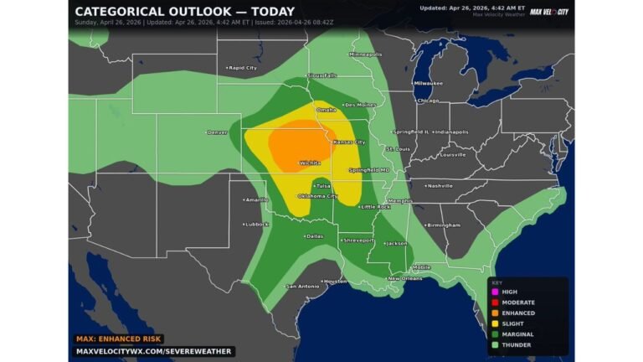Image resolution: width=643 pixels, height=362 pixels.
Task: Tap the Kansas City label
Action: [x=349, y=142]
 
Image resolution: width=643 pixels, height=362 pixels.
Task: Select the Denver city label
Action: [x=218, y=132]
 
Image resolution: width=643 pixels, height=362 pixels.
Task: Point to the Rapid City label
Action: [x=242, y=67]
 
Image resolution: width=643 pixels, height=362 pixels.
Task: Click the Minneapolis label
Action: [x=365, y=54]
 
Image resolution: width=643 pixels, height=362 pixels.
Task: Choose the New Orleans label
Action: [x=404, y=278]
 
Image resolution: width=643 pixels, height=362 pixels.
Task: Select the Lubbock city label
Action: [x=256, y=224]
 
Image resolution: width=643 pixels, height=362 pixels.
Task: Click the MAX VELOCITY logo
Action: [x=549, y=11]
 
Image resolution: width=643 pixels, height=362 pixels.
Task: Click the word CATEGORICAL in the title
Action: [x=126, y=12]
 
